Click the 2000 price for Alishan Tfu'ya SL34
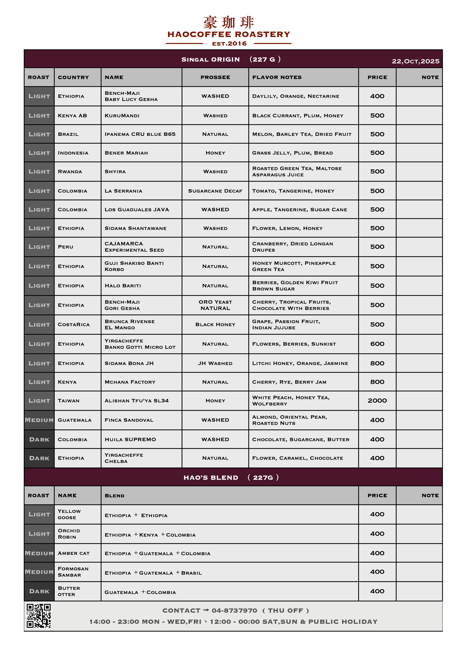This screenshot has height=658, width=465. [377, 401]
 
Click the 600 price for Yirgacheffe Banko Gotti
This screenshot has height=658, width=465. [377, 344]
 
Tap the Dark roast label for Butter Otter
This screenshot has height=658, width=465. [39, 591]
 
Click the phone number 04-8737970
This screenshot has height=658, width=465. [234, 610]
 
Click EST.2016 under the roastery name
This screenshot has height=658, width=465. [229, 44]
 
